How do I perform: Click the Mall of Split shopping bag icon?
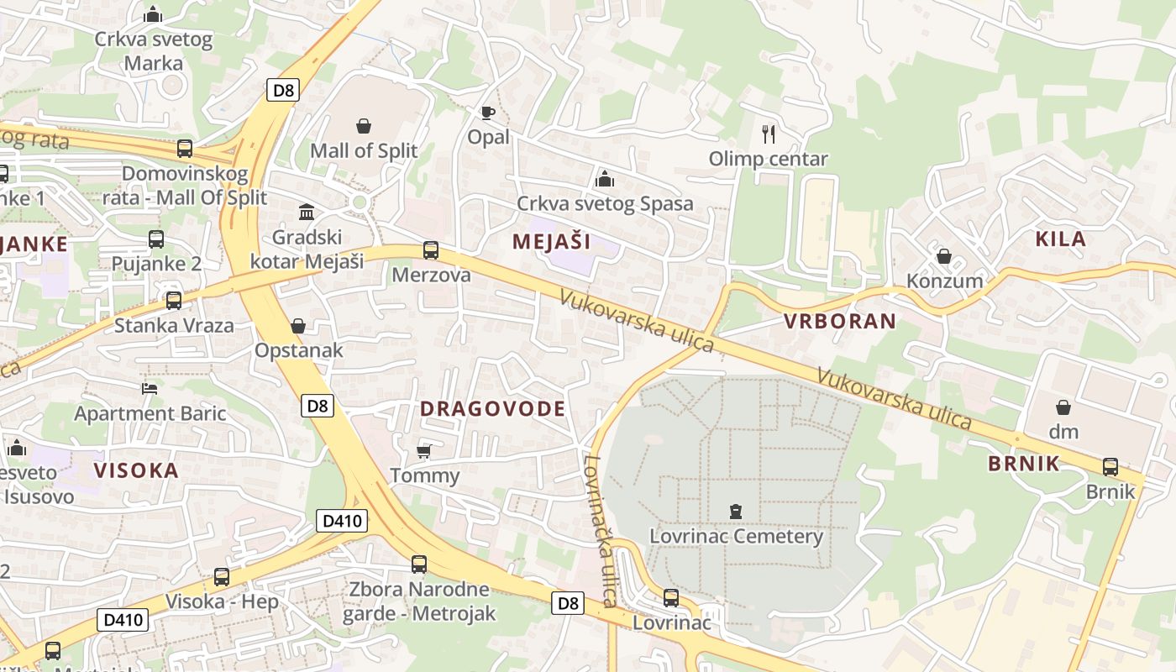(x=364, y=126)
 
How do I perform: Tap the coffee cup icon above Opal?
(x=487, y=113)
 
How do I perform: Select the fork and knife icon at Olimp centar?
(x=768, y=134)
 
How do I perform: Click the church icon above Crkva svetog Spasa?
(x=604, y=179)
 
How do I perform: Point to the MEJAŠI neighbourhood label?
(x=551, y=242)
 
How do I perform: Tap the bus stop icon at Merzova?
(x=430, y=249)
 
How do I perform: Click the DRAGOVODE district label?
(x=492, y=409)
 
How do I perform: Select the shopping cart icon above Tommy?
(x=424, y=451)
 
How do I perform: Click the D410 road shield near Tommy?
(x=342, y=521)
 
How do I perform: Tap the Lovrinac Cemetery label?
(x=736, y=536)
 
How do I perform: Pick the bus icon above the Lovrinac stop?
(x=670, y=598)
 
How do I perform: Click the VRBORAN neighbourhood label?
(x=840, y=321)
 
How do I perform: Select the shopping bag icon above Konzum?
(x=944, y=256)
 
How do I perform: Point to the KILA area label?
(x=1060, y=239)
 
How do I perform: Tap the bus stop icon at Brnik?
(x=1110, y=467)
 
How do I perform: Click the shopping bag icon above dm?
(x=1063, y=407)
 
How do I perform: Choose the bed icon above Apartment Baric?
(x=150, y=388)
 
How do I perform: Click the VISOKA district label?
(x=136, y=470)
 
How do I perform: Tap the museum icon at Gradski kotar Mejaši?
(x=307, y=212)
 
